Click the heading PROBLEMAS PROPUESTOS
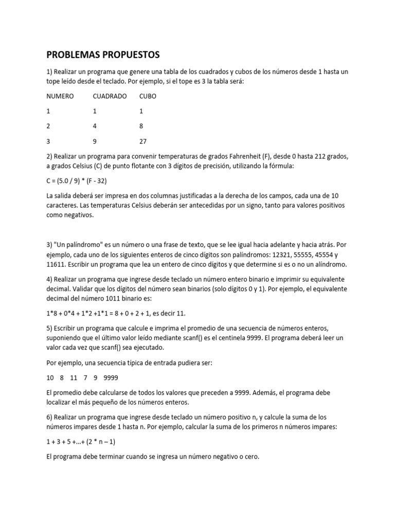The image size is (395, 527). [103, 55]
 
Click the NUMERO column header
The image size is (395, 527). [60, 96]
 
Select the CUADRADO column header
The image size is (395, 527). [110, 96]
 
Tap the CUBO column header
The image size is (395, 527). [148, 96]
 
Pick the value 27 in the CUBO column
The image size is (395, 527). [143, 141]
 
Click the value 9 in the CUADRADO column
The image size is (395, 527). [95, 141]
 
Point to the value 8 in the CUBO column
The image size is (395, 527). [141, 126]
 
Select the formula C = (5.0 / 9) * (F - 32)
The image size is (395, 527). [77, 181]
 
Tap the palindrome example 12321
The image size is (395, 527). [273, 255]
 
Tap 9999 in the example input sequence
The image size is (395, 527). [111, 378]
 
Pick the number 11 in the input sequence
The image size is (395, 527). [74, 378]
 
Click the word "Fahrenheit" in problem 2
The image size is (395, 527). [236, 156]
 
